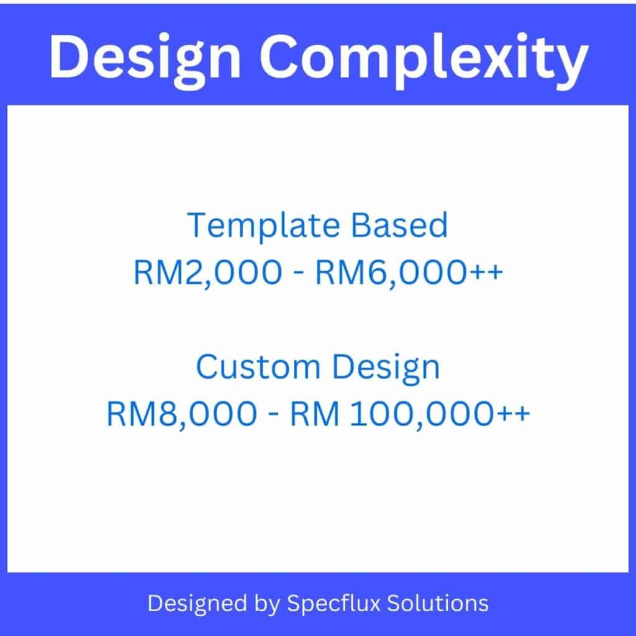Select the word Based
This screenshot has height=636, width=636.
pyautogui.click(x=400, y=225)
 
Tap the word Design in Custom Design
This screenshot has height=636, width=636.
pyautogui.click(x=386, y=368)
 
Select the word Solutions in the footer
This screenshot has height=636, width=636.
pyautogui.click(x=445, y=603)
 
